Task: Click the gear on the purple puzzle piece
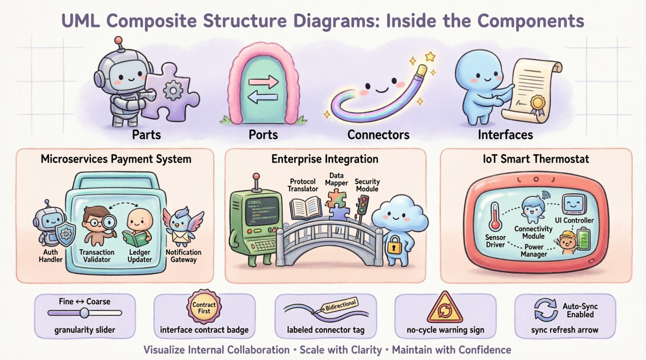coord(173,92)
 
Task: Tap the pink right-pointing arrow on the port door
coord(264,82)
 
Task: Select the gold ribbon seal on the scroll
coord(538,103)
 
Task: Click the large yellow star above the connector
coord(430,57)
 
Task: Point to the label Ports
coord(263,135)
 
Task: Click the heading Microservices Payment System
coord(116,159)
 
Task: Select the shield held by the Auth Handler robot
coord(66,235)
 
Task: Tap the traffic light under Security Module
coord(363,205)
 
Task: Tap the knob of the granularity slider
coord(84,313)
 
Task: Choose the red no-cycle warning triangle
coord(445,308)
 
